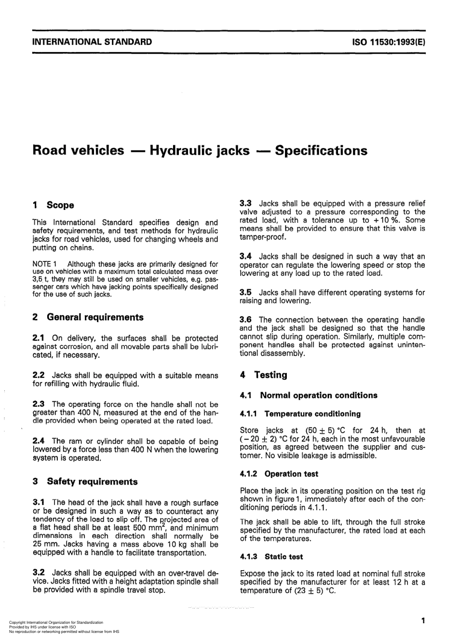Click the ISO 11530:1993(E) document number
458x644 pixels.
389,41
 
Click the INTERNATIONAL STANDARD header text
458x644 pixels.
92,41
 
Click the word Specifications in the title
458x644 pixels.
321,151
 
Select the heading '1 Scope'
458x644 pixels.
53,205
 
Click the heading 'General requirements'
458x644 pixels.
95,317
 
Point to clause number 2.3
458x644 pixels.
39,404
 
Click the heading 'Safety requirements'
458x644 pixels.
92,481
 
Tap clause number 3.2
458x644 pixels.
39,573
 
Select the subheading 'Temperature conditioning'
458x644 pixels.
312,414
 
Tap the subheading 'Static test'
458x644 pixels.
283,557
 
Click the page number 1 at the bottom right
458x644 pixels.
423,621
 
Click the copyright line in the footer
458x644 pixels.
56,623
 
